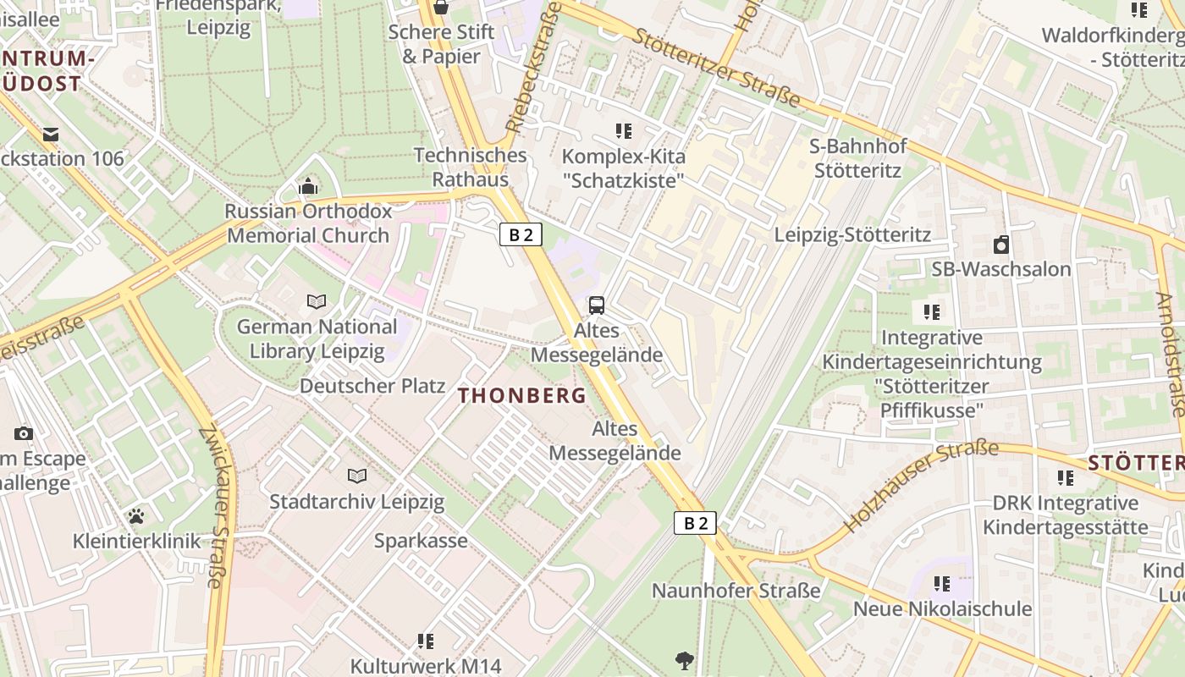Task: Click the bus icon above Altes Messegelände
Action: point(597,305)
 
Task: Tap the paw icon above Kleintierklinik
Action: point(136,515)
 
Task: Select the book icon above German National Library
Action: point(317,302)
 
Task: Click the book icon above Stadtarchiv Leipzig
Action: point(356,476)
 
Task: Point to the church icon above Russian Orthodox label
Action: point(308,186)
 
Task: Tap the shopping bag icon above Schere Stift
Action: point(440,8)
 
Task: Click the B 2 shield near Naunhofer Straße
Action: point(695,523)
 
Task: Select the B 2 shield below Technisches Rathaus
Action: point(521,234)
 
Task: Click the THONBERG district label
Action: point(522,395)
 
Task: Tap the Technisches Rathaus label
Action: point(471,168)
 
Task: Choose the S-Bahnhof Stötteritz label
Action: point(857,158)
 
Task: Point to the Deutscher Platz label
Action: point(372,386)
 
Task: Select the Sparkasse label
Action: point(421,541)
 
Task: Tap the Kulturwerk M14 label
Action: point(426,666)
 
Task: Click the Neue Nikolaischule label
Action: point(942,609)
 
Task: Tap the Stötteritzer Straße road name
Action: point(716,68)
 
